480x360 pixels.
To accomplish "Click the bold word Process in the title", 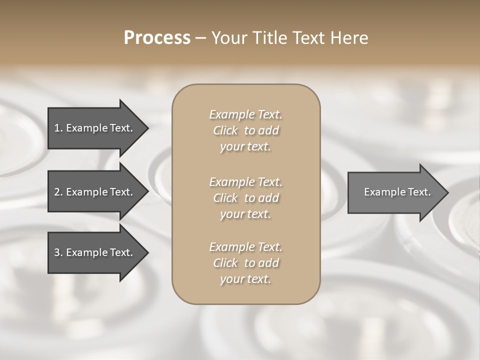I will (x=157, y=38).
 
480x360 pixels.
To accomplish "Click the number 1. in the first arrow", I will (x=58, y=128).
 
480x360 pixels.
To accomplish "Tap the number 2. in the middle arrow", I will (x=58, y=192).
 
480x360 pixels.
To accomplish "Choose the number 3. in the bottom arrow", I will (x=58, y=252).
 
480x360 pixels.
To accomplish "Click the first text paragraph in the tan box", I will (x=245, y=130).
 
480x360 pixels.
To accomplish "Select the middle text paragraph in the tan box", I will (x=245, y=197).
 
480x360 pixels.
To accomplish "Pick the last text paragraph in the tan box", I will (x=245, y=263).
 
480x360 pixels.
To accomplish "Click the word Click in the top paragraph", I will (x=225, y=130).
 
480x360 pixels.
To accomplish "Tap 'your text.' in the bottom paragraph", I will (x=245, y=279).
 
